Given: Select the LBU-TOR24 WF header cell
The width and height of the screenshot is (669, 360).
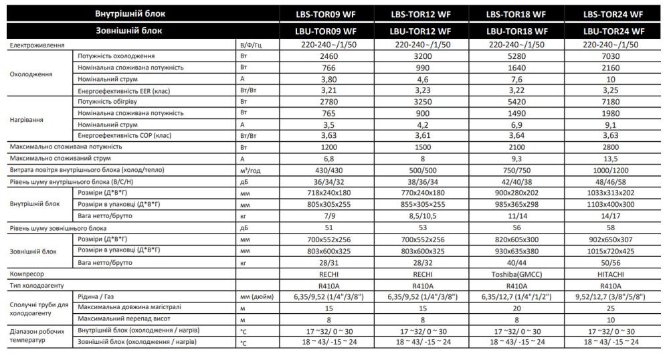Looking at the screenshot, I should (x=613, y=31).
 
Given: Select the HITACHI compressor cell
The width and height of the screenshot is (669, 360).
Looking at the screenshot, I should (x=613, y=274).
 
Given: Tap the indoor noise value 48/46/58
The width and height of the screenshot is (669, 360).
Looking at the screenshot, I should (x=613, y=181).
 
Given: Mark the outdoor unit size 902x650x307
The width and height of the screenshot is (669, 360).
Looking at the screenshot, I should (x=613, y=239).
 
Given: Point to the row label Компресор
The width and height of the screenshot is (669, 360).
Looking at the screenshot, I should (x=27, y=274).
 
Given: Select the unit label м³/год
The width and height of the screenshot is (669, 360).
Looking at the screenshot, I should (x=249, y=170).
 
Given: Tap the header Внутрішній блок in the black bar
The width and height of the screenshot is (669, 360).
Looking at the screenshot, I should (x=130, y=13).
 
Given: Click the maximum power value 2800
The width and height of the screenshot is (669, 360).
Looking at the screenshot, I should (x=613, y=147).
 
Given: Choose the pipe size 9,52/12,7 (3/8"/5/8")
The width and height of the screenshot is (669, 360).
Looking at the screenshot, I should (x=613, y=297).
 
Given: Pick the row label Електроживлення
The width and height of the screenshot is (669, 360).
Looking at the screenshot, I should (x=37, y=45).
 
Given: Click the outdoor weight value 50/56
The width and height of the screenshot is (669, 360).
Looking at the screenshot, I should (x=613, y=262).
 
